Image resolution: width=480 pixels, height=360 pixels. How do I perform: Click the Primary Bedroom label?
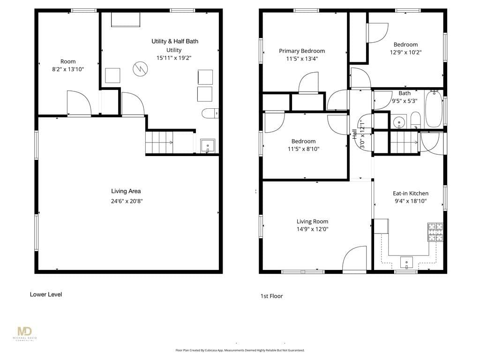[x=302, y=51]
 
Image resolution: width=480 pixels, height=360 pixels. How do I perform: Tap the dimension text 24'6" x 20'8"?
[x=127, y=201]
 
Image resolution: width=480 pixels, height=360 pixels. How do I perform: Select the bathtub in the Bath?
[x=434, y=110]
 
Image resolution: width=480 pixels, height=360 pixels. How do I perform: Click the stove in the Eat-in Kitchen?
[x=435, y=232]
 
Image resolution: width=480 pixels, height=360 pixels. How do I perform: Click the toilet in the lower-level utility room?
[x=210, y=113]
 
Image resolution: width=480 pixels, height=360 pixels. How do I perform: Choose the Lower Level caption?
[x=46, y=294]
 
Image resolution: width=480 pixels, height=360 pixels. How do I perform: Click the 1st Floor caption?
[x=271, y=296]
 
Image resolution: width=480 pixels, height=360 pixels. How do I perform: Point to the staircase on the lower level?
[x=159, y=142]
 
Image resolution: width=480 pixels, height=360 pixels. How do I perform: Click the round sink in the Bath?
[x=399, y=122]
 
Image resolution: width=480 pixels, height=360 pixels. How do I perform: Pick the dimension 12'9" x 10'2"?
[x=405, y=52]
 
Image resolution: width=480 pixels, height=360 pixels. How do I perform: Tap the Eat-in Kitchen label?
[x=410, y=193]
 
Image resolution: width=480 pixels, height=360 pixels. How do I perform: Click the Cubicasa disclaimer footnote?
[x=240, y=350]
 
